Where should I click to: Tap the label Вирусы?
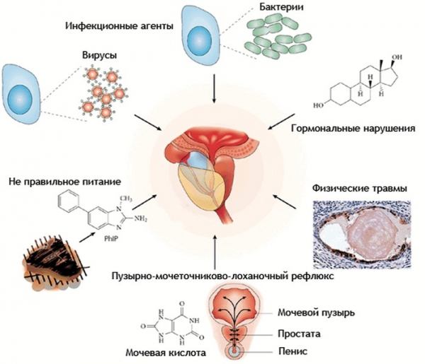[100, 54]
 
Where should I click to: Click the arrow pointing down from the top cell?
[214, 88]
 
